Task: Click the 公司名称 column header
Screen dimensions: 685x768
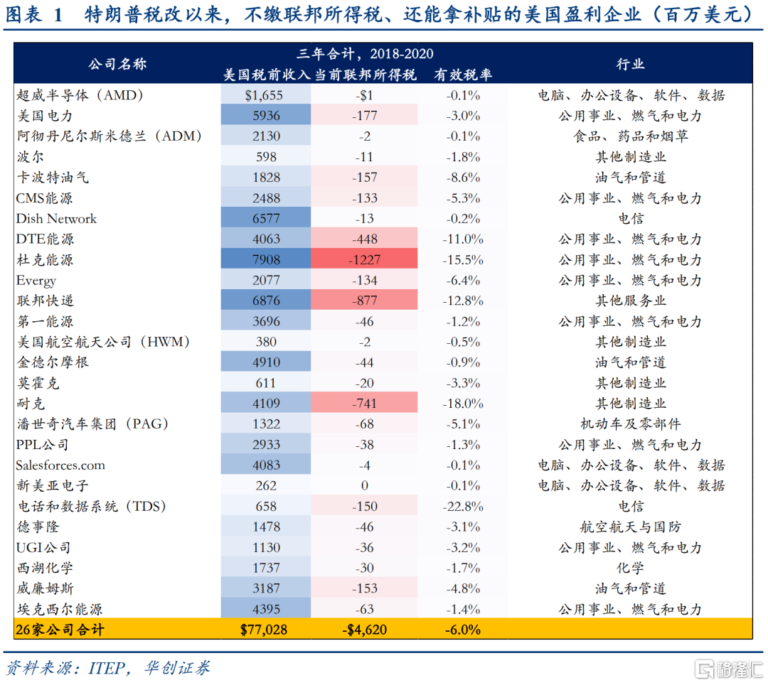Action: pos(117,64)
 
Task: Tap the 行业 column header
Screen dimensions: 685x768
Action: pos(630,64)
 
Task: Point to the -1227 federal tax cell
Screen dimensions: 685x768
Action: pos(364,260)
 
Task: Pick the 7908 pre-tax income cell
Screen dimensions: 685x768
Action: pos(266,260)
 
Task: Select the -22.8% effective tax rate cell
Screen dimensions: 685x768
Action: pos(463,507)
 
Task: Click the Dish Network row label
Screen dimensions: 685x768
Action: pos(56,219)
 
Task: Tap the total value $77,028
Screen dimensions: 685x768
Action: pos(265,630)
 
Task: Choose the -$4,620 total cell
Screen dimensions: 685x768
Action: pos(364,630)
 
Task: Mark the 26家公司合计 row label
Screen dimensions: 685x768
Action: pos(60,630)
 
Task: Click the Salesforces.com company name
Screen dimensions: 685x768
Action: pos(60,465)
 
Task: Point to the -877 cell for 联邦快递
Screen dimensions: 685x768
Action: pos(364,301)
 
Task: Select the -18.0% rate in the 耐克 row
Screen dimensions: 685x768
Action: pos(463,404)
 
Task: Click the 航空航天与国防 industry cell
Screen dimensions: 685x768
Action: pos(630,527)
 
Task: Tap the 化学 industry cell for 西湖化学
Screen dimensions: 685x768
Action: pos(630,568)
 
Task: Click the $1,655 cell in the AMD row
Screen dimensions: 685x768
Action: pos(266,95)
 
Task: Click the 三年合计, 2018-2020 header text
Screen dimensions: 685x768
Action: pos(365,54)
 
